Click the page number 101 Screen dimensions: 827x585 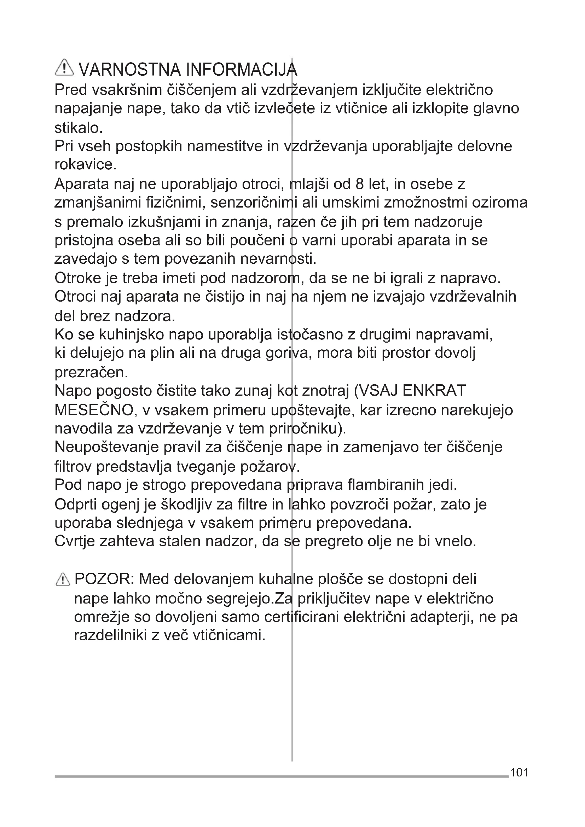point(519,772)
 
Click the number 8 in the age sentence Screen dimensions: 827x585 point(359,184)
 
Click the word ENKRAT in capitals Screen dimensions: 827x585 point(434,390)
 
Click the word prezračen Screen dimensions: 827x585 point(91,372)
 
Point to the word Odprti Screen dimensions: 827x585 point(76,504)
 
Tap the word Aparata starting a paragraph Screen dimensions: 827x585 point(82,184)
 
